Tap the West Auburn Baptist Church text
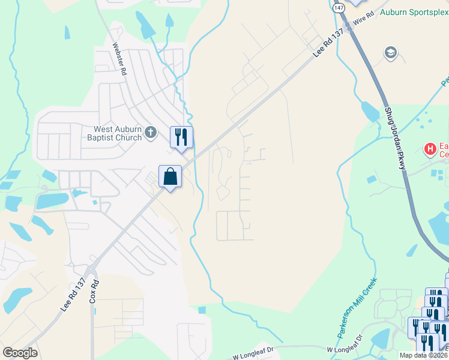pos(117,133)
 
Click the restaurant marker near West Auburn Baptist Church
pos(181,137)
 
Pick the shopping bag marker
pos(170,176)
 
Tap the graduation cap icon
pos(391,53)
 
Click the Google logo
pos(20,353)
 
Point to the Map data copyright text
pos(423,355)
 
